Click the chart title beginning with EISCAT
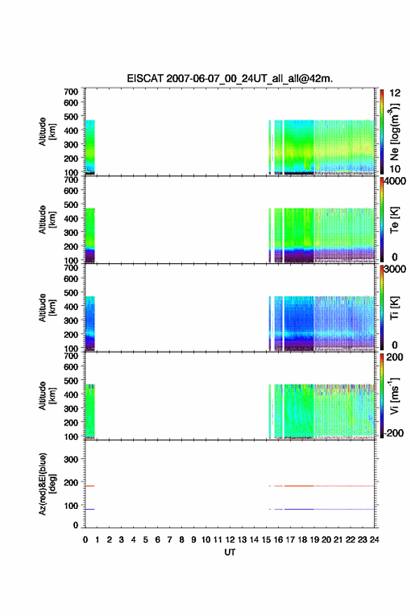230,78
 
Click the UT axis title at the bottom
230,552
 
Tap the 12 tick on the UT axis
230,540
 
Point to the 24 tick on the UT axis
375,540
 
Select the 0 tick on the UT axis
85,540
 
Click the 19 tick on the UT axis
314,540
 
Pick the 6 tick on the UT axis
158,540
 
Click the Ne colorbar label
394,131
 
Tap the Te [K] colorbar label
394,220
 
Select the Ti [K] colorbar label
394,308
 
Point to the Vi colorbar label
394,395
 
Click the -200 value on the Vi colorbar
393,433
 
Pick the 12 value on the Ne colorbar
395,93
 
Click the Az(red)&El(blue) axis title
46,484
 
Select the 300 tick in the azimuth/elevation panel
71,459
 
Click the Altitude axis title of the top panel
47,132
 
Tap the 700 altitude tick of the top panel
71,92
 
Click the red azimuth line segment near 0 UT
90,486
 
